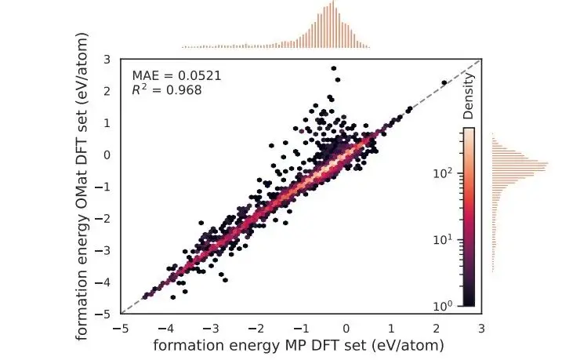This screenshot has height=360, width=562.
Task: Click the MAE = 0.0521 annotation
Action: [176, 76]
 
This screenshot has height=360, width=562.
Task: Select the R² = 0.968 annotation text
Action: [167, 90]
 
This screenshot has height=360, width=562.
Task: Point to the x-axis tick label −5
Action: [121, 327]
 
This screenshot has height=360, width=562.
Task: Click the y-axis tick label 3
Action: [106, 59]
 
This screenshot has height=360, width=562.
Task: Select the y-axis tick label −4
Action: [103, 282]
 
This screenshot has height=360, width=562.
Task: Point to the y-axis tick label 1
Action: [106, 122]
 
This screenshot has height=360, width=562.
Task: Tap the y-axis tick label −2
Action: [103, 218]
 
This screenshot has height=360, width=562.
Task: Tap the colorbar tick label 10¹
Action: [443, 239]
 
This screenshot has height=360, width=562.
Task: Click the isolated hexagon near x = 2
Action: [444, 82]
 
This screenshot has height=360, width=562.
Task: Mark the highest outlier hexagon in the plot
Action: [334, 68]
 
